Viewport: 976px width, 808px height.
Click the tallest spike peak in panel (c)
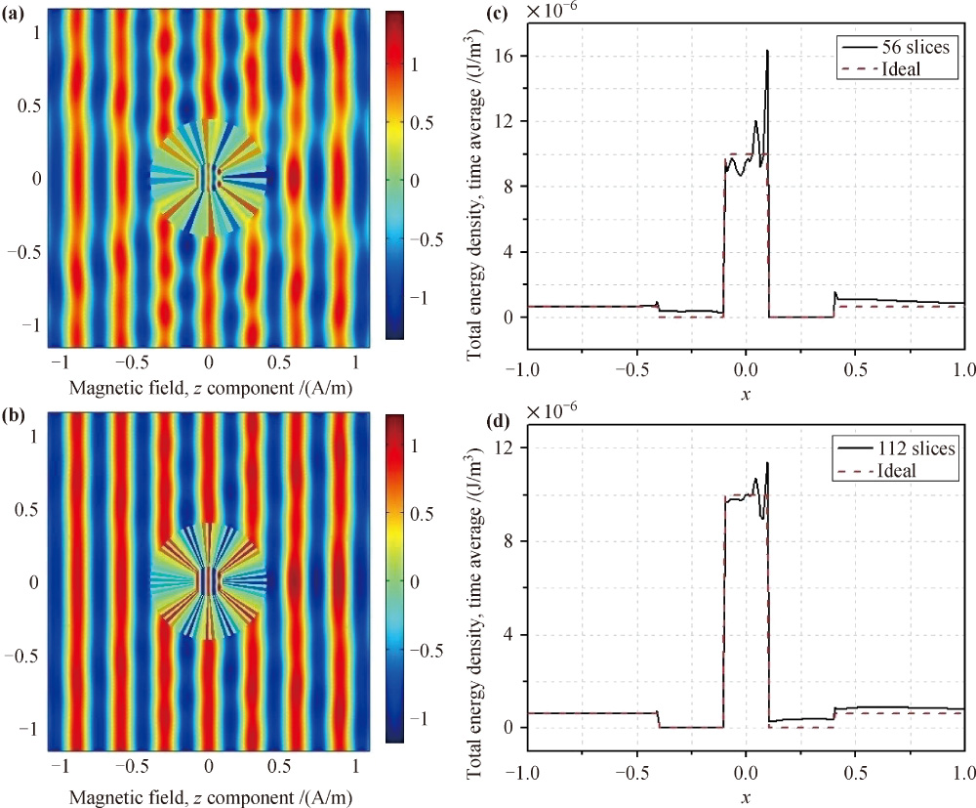pos(767,51)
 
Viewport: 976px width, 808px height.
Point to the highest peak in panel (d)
pos(767,463)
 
